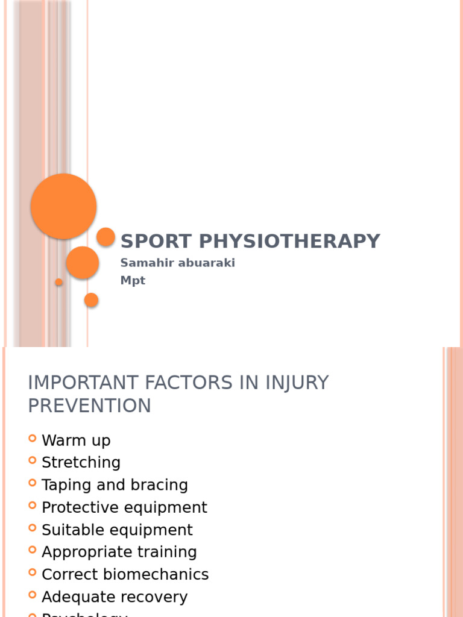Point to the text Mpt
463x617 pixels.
click(x=133, y=281)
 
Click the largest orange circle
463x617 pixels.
click(x=63, y=206)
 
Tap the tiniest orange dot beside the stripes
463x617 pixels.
click(x=58, y=282)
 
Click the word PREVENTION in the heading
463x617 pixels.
click(x=89, y=406)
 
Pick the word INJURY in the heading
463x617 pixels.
click(x=290, y=383)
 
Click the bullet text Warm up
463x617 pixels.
click(x=76, y=440)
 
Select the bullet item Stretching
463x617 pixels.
click(x=81, y=463)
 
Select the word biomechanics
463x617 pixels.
click(x=161, y=574)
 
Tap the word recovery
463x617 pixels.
click(x=154, y=597)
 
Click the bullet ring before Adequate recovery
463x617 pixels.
click(x=32, y=595)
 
